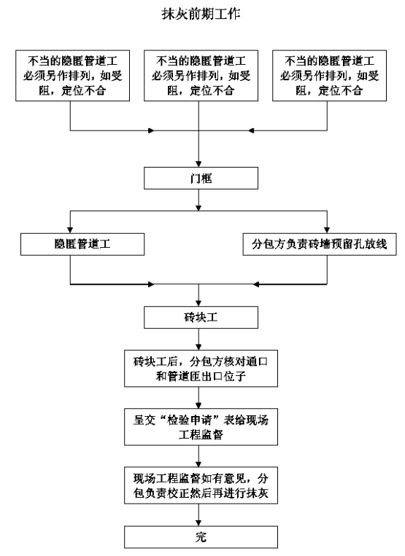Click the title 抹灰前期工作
tap(201, 14)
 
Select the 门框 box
tap(201, 178)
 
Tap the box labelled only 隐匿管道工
tap(82, 244)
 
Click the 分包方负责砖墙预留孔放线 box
tap(320, 244)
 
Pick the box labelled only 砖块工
tap(201, 318)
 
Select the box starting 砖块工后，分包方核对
tap(201, 369)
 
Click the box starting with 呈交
tap(201, 427)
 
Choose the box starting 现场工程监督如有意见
tap(201, 485)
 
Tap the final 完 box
tap(201, 537)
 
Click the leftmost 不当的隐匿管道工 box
tap(72, 76)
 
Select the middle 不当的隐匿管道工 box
tap(201, 76)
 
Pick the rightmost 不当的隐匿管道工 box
tap(329, 76)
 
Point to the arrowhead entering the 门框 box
tap(198, 164)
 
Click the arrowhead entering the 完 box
tap(198, 523)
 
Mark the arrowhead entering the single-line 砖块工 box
tap(198, 303)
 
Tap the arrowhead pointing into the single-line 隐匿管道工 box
tap(70, 230)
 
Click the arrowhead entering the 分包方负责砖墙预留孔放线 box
tap(327, 230)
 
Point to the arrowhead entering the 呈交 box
tap(198, 405)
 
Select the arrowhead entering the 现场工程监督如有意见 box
tap(198, 463)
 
